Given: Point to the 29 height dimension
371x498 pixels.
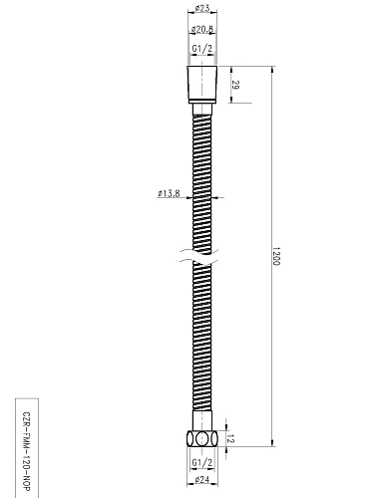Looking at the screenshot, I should [234, 87].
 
